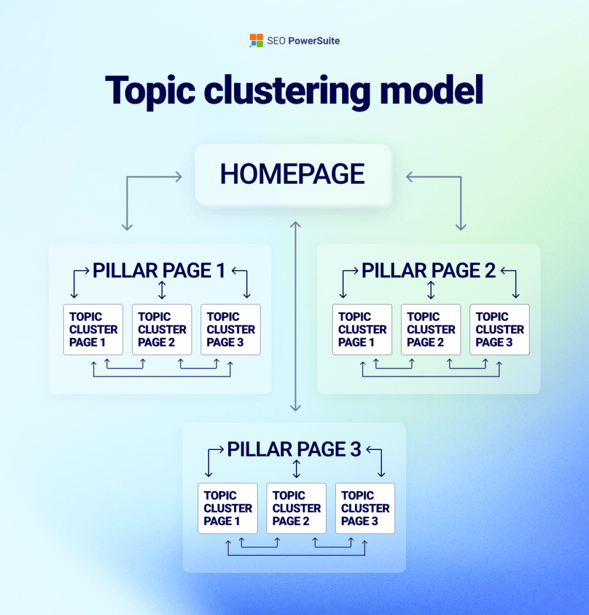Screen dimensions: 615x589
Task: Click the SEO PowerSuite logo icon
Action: click(256, 41)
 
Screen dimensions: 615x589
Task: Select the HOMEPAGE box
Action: click(292, 174)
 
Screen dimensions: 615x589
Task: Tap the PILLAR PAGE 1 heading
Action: click(159, 271)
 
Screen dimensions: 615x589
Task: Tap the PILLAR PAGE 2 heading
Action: click(428, 271)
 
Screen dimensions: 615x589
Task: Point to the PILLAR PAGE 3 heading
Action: click(294, 449)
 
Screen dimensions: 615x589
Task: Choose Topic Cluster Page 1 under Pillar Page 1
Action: click(93, 329)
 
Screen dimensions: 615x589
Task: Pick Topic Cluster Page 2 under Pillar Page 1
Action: click(162, 329)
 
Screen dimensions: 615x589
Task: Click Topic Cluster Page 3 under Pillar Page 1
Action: click(231, 329)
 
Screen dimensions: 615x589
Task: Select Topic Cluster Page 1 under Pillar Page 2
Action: click(362, 329)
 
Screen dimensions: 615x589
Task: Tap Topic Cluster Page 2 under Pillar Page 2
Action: click(431, 329)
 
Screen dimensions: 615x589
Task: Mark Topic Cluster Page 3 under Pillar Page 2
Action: click(500, 329)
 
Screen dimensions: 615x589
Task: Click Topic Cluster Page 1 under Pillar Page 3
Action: click(228, 508)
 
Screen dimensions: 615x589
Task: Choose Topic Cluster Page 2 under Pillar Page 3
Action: click(297, 508)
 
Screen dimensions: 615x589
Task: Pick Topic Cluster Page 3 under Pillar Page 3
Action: click(365, 508)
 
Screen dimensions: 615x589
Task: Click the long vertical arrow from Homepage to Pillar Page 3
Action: click(295, 316)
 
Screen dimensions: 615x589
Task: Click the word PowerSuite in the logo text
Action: click(313, 41)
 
